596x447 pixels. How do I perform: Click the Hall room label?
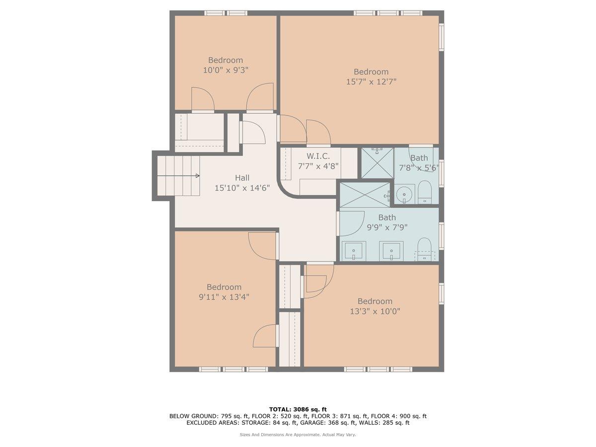(x=242, y=178)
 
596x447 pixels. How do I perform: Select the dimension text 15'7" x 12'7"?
(x=371, y=82)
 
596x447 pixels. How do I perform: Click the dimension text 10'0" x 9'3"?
(x=225, y=71)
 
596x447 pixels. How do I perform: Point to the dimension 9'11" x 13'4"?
(x=224, y=297)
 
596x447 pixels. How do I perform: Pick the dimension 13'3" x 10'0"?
(x=375, y=311)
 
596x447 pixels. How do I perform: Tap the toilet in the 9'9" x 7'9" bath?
(x=424, y=247)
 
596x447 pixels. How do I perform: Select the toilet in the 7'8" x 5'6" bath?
(x=424, y=192)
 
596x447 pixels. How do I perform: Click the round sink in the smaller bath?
(x=405, y=192)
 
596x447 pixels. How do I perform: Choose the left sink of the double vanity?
(x=353, y=250)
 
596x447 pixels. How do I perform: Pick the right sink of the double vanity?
(x=392, y=250)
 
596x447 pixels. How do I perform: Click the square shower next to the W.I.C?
(x=377, y=162)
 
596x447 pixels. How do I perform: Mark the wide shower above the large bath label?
(x=365, y=195)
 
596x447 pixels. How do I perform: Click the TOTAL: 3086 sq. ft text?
(x=298, y=409)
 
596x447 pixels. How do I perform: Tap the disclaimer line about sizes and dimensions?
(x=298, y=435)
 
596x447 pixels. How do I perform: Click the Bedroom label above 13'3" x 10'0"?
(x=375, y=301)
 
